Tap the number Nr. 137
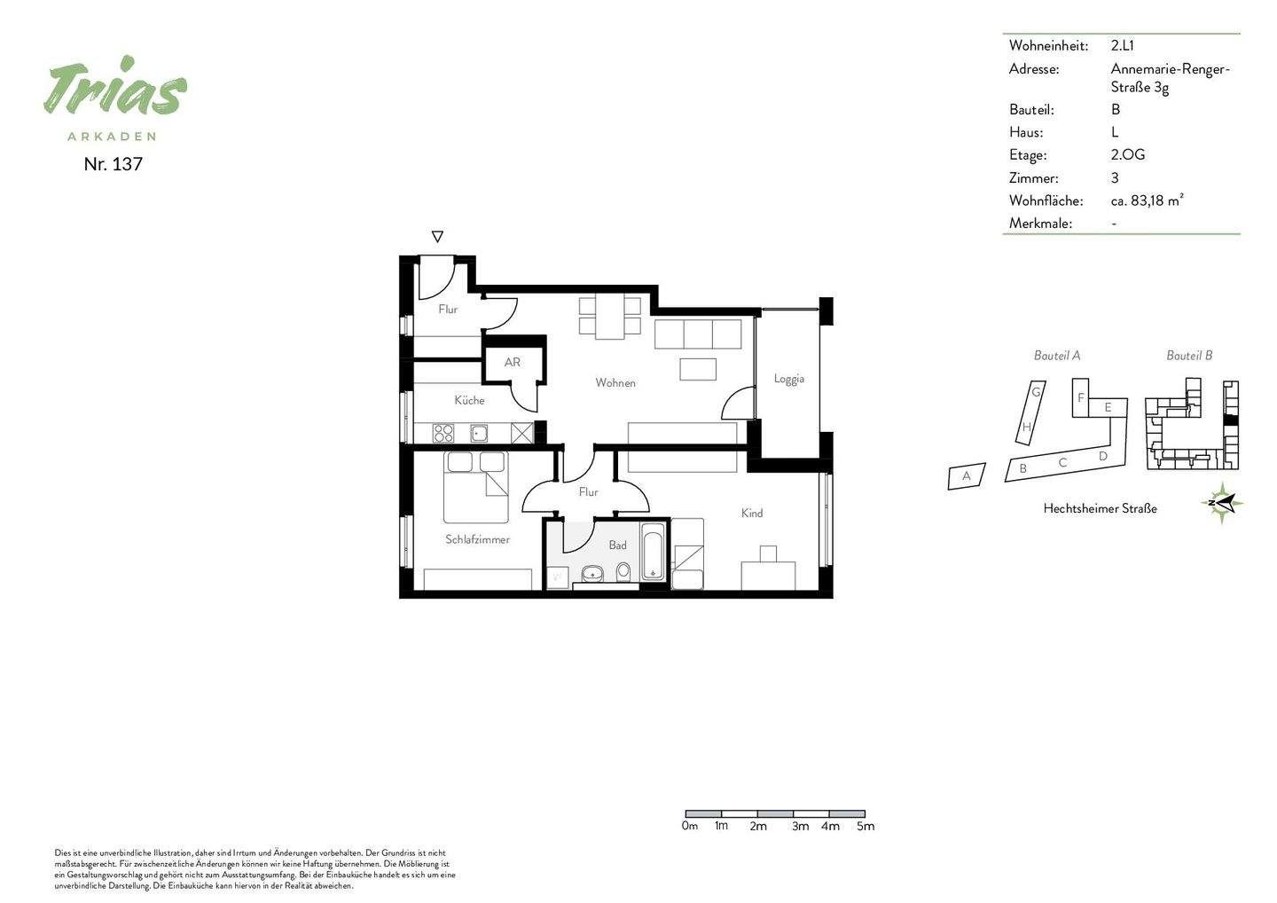113,164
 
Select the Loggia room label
789,379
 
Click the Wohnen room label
615,382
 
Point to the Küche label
469,400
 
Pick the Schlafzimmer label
477,539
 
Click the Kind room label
751,513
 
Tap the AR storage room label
512,362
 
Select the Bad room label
617,546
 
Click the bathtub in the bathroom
653,551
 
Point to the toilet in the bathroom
623,572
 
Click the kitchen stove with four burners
443,433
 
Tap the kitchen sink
479,434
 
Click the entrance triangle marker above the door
437,236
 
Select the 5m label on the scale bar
866,826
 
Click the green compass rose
1222,503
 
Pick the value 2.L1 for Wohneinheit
1122,45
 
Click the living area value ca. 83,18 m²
1147,200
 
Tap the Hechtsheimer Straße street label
1100,508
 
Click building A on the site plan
967,476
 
